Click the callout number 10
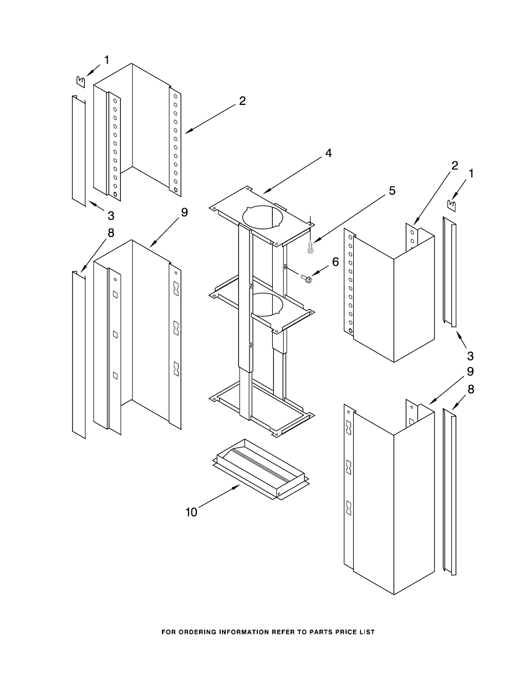191,513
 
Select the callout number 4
328,153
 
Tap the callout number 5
392,191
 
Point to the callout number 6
334,262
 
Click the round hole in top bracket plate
262,217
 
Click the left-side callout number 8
111,233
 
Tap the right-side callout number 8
471,389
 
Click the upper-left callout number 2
242,101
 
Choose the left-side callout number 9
185,212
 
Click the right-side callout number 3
470,355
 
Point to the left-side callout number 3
111,215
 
